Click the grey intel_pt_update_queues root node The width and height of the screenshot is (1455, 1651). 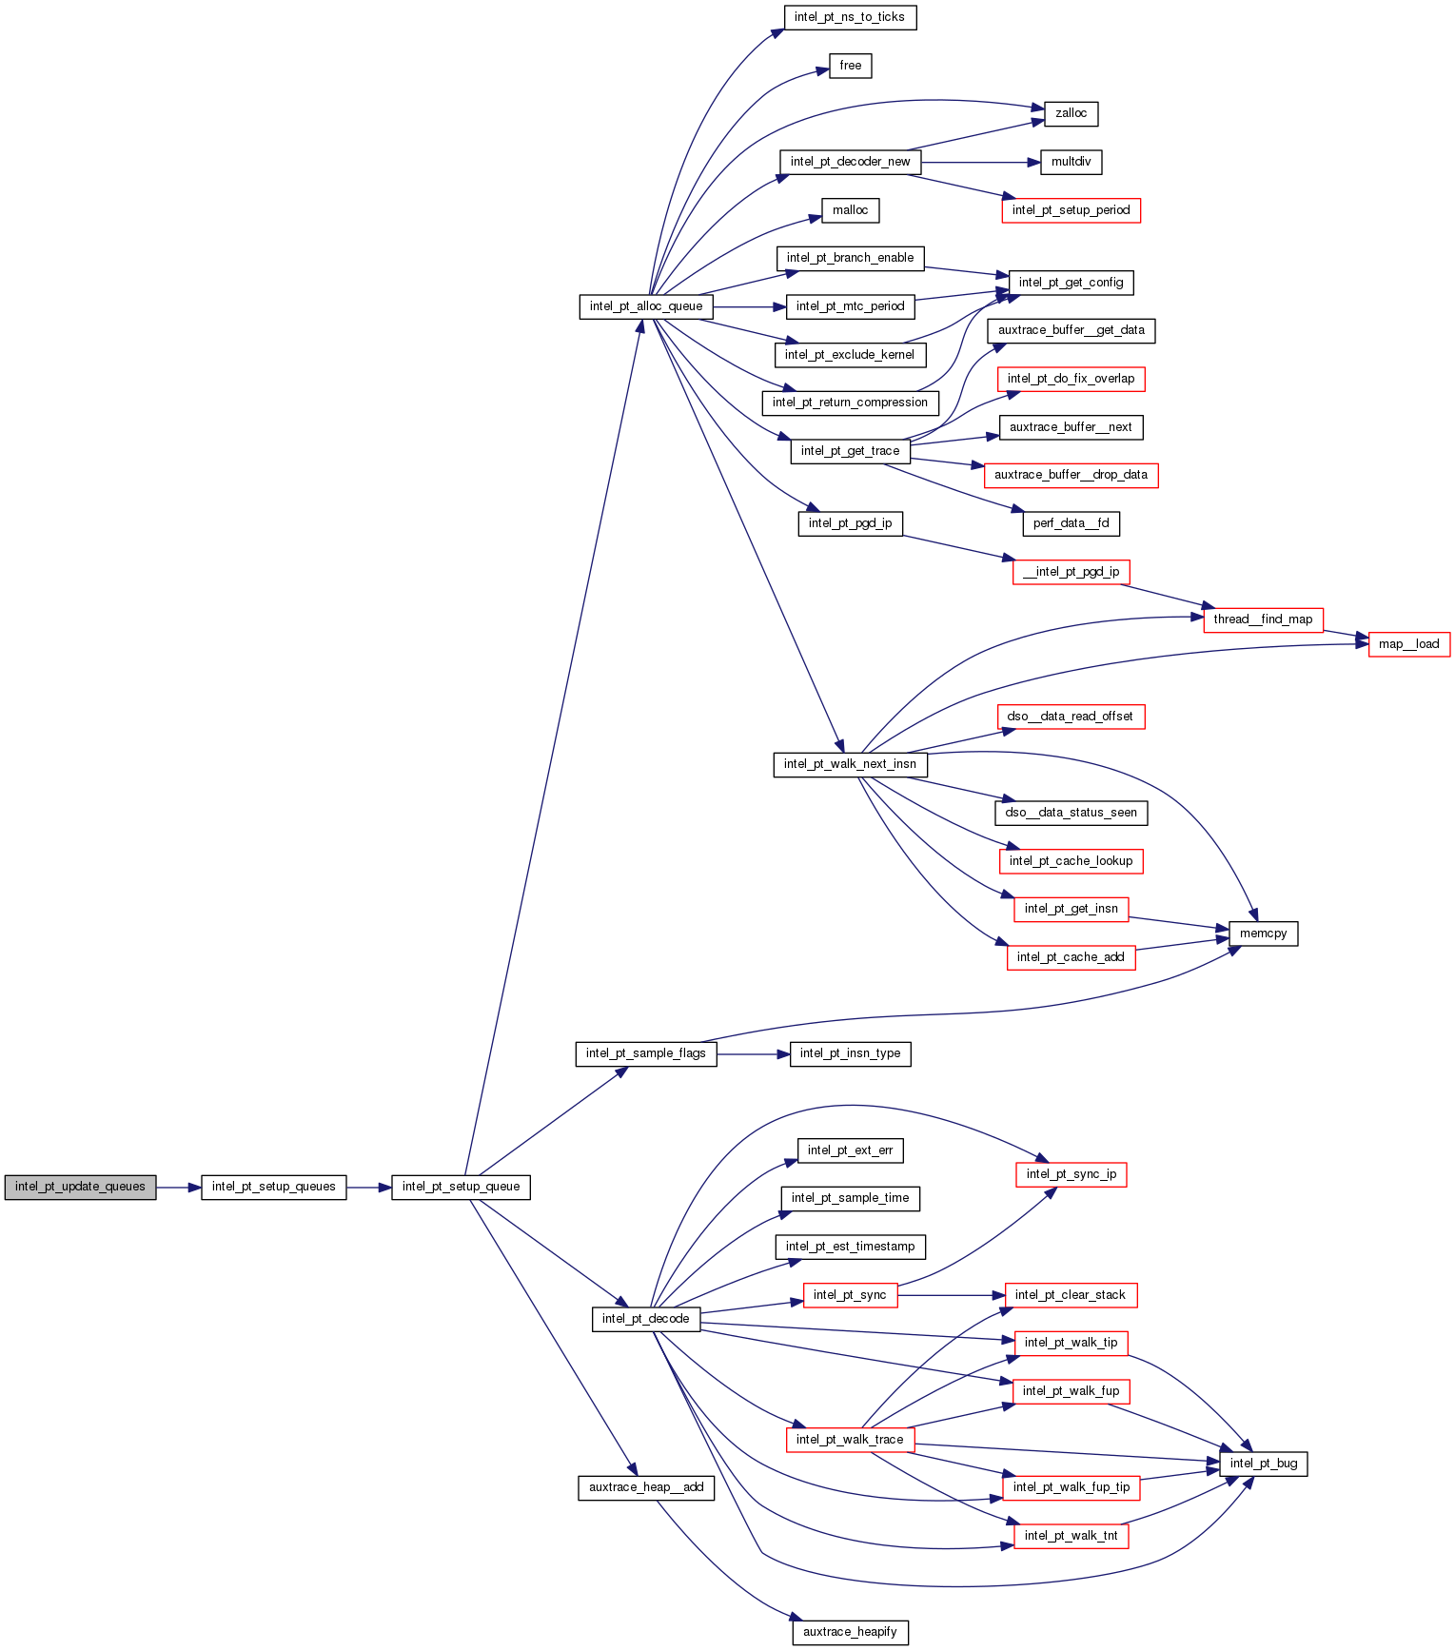[x=80, y=1187]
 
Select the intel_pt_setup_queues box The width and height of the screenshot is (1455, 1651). [x=273, y=1187]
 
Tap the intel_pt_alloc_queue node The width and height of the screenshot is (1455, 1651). [x=645, y=306]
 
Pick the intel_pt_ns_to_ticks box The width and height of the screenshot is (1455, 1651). [x=849, y=17]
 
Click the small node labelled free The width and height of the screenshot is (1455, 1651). [x=850, y=66]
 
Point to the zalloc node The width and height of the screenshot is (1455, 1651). [x=1071, y=113]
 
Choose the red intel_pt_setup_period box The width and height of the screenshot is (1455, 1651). [x=1071, y=210]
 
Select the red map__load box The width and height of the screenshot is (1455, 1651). [x=1408, y=644]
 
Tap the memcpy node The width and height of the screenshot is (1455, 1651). [x=1263, y=934]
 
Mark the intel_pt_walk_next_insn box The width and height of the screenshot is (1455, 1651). [x=850, y=764]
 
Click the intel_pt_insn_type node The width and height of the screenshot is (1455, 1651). [x=850, y=1053]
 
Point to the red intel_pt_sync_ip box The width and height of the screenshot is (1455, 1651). [x=1071, y=1174]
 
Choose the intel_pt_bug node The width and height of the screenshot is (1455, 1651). [x=1263, y=1464]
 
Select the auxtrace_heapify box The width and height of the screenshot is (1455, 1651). [x=850, y=1632]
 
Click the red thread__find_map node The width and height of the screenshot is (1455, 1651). [x=1263, y=619]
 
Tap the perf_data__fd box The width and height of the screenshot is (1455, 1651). [x=1071, y=523]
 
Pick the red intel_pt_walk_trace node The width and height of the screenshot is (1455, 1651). [x=850, y=1440]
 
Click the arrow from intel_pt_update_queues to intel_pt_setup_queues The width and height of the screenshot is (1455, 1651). [x=179, y=1187]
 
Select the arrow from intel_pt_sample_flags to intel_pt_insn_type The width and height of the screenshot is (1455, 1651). [x=753, y=1053]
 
